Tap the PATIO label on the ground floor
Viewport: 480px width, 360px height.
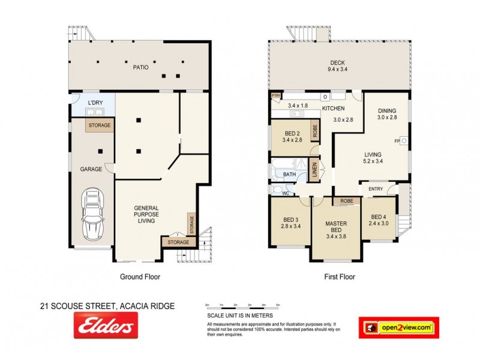click(140, 67)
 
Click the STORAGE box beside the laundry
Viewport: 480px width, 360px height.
click(98, 125)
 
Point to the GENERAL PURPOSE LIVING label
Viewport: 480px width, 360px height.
click(146, 214)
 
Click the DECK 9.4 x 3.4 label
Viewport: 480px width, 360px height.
click(338, 66)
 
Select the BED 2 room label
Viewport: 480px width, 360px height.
click(292, 136)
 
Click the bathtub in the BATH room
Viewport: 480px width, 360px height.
click(287, 165)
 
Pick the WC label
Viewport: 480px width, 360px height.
click(286, 193)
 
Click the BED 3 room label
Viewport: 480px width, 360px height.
click(289, 223)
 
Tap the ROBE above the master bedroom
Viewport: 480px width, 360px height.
click(346, 201)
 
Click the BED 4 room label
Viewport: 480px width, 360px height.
click(379, 220)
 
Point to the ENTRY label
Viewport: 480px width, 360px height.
click(376, 190)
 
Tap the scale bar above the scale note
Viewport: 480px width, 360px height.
click(242, 308)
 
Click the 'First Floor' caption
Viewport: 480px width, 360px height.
click(339, 277)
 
